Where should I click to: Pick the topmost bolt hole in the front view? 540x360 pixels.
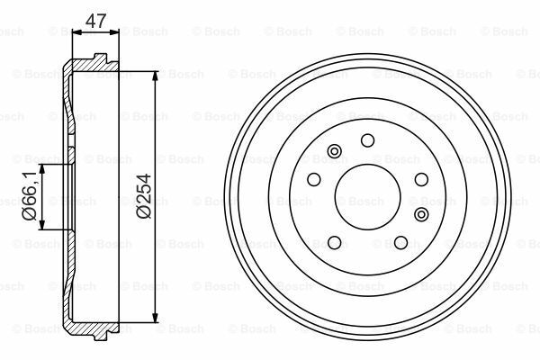366,139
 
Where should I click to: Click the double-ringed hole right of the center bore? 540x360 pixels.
421,213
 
